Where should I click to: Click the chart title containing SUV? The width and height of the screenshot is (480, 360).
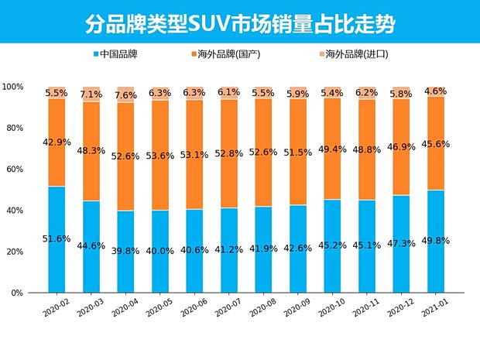(239, 23)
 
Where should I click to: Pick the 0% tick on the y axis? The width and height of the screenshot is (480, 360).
(18, 293)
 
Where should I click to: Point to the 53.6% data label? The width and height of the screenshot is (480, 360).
(161, 155)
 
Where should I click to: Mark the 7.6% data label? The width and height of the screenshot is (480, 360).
(126, 95)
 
